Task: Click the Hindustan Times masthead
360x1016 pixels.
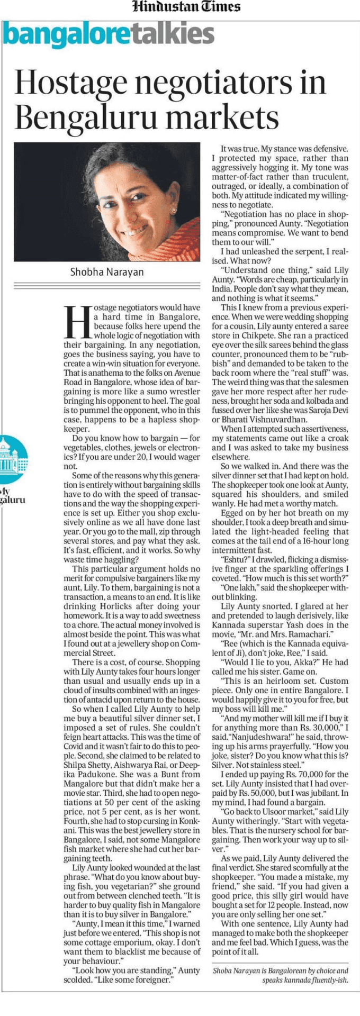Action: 186,7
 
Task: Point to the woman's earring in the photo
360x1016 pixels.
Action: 174,210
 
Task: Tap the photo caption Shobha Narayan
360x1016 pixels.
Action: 107,272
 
